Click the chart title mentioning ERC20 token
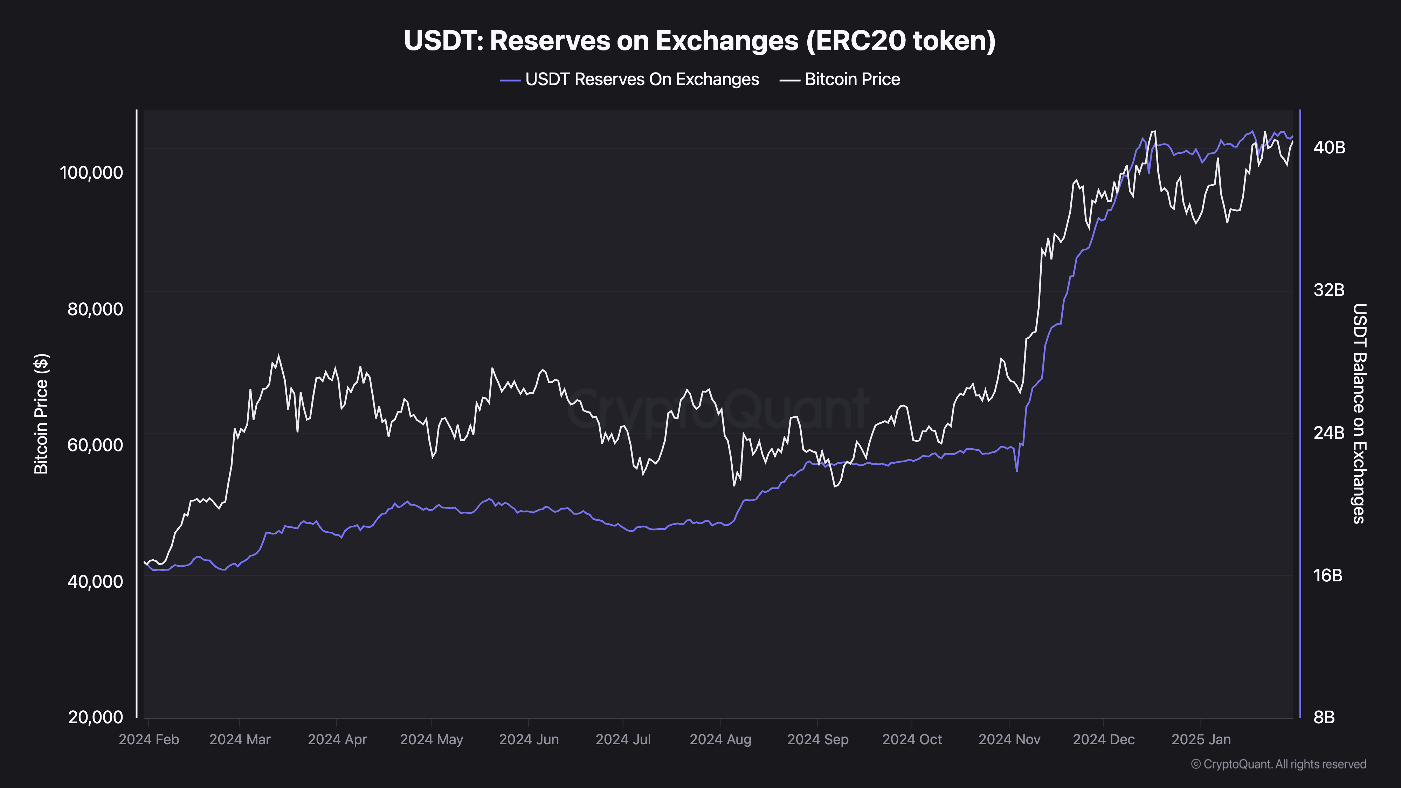point(699,41)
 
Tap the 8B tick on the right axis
point(1324,717)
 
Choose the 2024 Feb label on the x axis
point(149,740)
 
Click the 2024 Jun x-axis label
point(529,740)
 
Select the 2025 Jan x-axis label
point(1201,740)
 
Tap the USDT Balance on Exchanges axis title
point(1359,413)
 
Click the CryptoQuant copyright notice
point(1278,764)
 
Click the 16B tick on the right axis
point(1327,575)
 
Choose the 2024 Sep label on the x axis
point(817,740)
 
